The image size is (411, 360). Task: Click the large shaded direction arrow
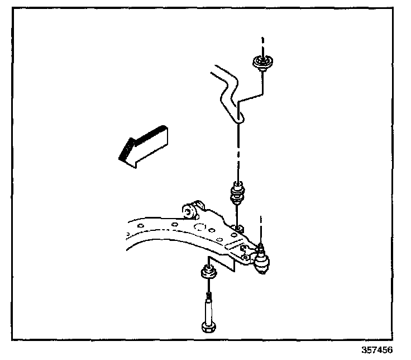click(x=141, y=146)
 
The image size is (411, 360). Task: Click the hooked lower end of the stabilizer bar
click(x=238, y=115)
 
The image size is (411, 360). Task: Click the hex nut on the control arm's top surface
click(x=238, y=228)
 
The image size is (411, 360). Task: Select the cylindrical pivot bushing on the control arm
click(x=190, y=210)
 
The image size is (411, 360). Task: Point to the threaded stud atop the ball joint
click(x=260, y=247)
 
